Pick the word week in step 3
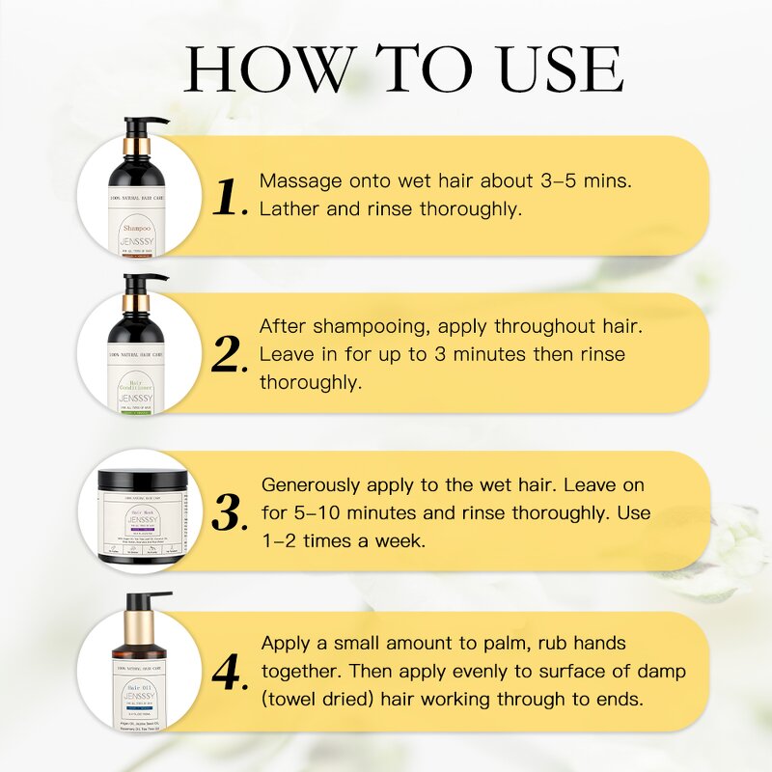click(409, 541)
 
